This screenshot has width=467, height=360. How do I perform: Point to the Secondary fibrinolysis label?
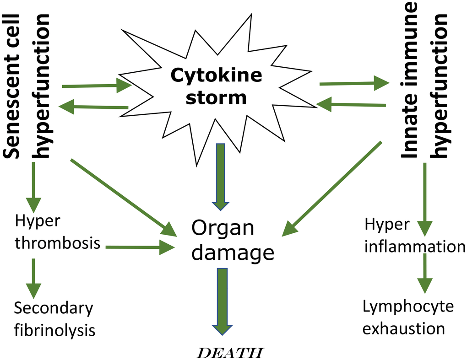(x=54, y=319)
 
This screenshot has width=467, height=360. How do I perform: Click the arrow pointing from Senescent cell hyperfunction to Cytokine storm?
(x=97, y=85)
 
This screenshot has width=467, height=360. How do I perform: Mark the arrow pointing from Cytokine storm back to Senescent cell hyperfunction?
(x=94, y=107)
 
